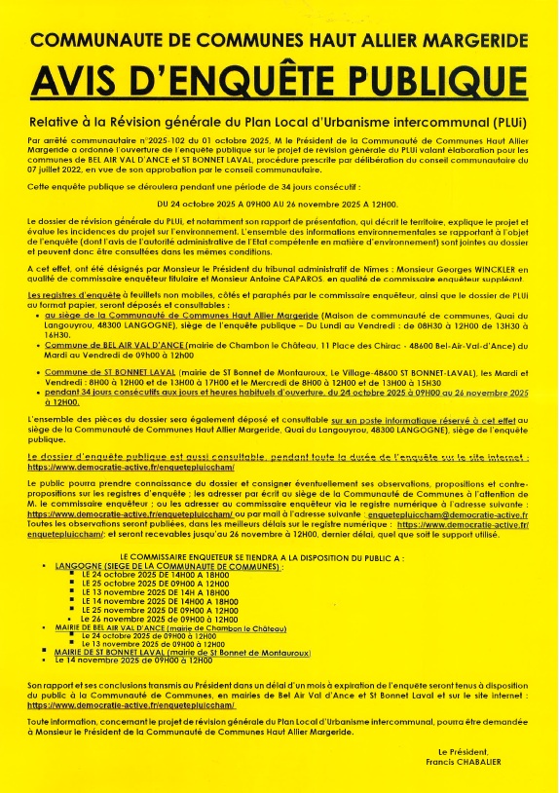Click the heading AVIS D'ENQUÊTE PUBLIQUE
click(x=279, y=78)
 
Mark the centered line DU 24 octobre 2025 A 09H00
click(x=279, y=203)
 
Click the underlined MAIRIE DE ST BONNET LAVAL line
click(x=183, y=651)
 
